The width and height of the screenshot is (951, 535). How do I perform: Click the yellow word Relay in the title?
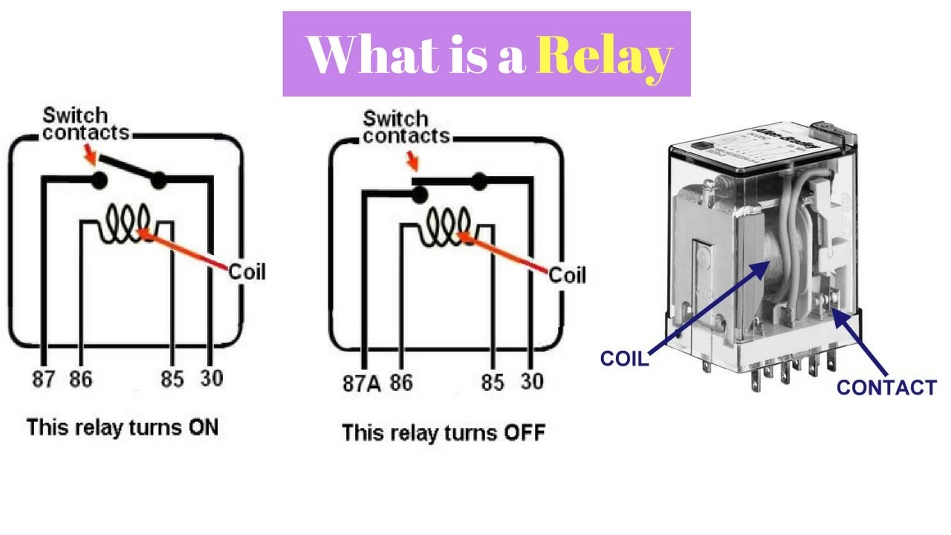tap(603, 55)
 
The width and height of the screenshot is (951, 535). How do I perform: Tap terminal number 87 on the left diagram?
tap(44, 379)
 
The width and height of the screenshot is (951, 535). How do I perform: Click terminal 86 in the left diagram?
tap(80, 379)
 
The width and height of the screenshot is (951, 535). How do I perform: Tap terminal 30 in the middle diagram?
tap(531, 382)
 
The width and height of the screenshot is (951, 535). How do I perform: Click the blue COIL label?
tap(624, 359)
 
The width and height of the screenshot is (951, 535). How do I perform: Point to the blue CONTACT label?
tap(886, 387)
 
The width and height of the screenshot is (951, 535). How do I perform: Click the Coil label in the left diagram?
tap(247, 272)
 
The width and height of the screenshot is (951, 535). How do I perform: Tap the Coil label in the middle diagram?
tap(567, 275)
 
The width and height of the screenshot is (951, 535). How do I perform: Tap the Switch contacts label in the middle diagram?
tap(405, 127)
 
